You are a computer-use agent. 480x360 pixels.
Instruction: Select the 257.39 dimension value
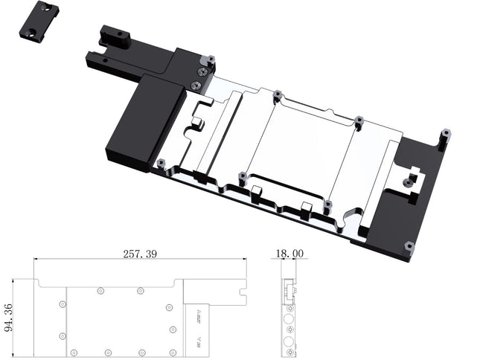pos(139,254)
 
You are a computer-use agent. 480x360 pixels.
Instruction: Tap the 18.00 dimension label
pos(289,254)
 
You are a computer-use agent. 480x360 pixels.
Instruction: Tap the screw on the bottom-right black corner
pos(408,245)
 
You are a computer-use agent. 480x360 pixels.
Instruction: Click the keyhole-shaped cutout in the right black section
pos(408,179)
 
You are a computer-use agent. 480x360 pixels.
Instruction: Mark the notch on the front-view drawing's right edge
pos(243,295)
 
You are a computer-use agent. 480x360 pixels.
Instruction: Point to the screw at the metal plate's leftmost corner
pos(160,162)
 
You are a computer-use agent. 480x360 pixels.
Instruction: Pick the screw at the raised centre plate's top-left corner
pos(277,94)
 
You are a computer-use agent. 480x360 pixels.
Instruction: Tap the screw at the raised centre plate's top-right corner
pos(359,120)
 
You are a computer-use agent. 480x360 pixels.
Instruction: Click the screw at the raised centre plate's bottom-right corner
pos(326,204)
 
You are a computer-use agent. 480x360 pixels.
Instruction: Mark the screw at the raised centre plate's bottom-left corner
pos(242,177)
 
